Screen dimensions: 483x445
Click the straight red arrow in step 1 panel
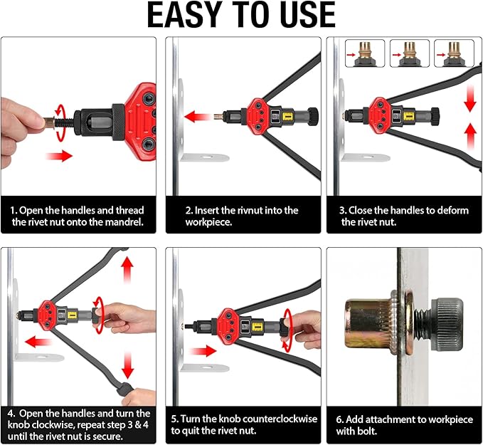pos(59,156)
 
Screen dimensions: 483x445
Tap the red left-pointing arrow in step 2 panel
pos(198,117)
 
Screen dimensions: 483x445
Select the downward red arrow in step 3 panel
pos(469,99)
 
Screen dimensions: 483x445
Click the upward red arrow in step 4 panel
pos(127,270)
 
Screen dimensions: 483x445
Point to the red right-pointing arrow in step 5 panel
pos(203,351)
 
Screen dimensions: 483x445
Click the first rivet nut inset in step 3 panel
pos(365,53)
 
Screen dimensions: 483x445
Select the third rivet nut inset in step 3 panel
pos(454,53)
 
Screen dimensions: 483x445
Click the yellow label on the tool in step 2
pos(287,116)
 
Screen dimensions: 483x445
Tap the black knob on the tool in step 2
pos(313,117)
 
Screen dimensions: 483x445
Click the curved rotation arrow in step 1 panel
pos(60,123)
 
